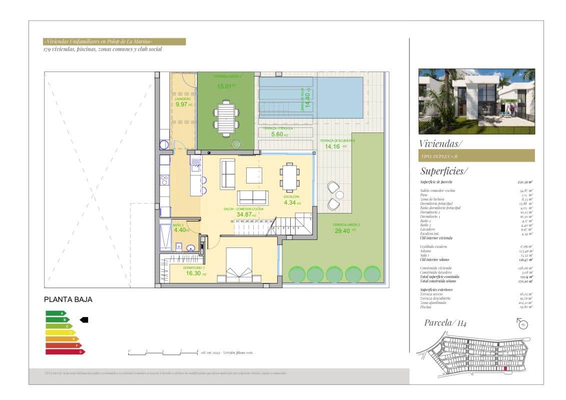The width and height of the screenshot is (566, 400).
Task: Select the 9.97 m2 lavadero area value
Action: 181,104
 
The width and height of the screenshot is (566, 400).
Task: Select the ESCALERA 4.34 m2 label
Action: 292,200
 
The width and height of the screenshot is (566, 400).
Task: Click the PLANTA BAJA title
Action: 69,299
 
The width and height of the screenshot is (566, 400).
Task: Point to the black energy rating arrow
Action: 84,319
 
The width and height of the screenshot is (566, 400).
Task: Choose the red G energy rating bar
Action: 65,351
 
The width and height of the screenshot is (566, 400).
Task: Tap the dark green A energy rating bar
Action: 56,313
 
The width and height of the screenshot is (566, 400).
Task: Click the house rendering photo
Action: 476,101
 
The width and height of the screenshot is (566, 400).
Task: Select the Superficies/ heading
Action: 444,171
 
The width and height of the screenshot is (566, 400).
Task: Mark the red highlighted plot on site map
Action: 505,368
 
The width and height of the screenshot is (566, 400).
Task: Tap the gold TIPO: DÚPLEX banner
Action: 476,156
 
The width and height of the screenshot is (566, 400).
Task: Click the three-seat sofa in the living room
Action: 252,197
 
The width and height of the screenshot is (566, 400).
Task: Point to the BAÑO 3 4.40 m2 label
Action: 180,228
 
